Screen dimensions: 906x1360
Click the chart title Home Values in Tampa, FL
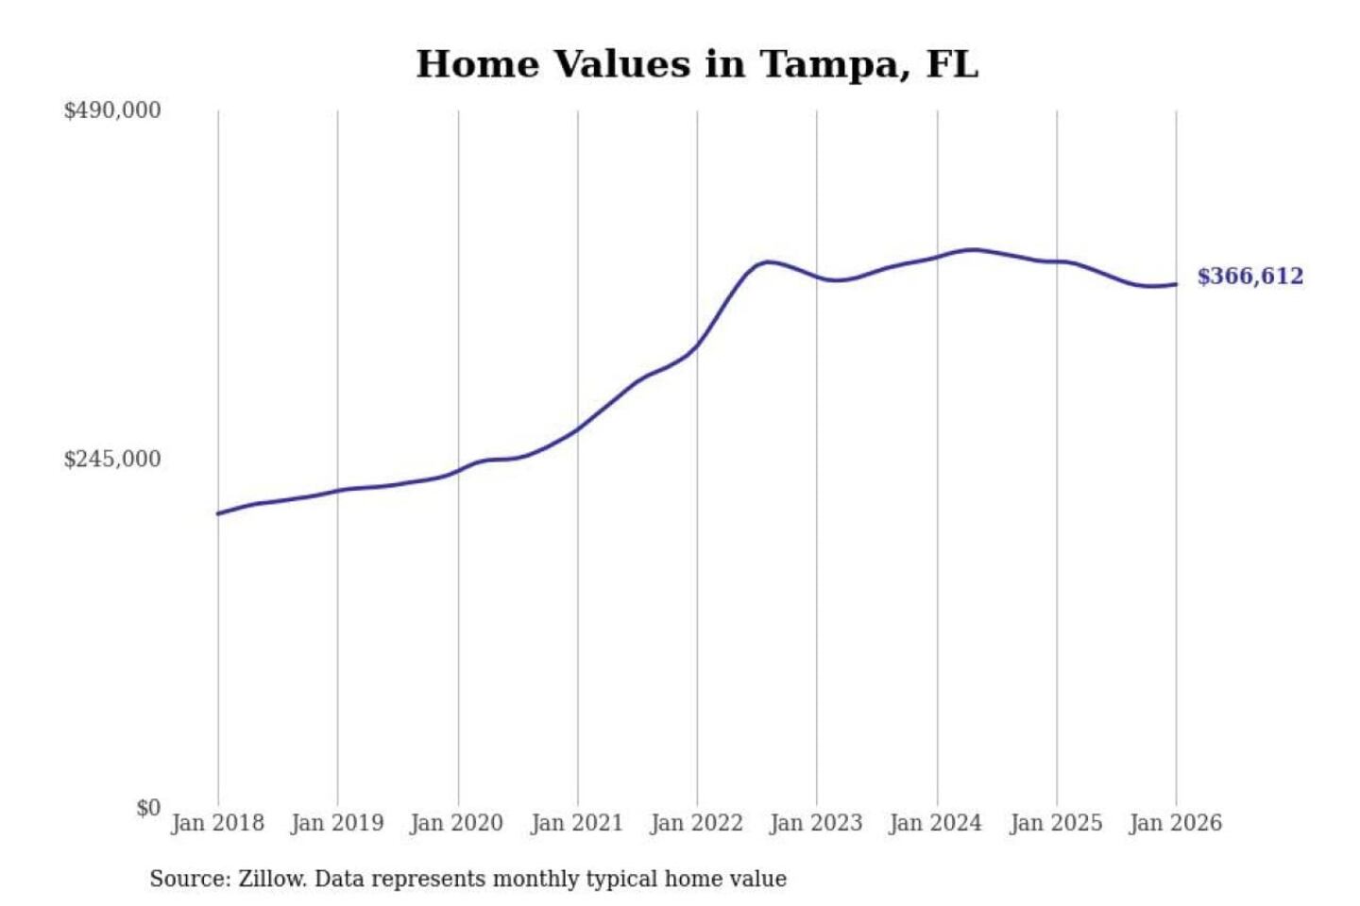click(x=697, y=64)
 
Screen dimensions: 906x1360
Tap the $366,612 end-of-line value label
click(x=1249, y=277)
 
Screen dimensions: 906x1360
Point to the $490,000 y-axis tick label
click(x=111, y=110)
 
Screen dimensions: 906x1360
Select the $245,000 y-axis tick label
click(x=111, y=460)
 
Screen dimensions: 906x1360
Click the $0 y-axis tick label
click(x=147, y=808)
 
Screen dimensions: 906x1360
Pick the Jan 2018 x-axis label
click(x=217, y=823)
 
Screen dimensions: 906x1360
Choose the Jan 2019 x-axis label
click(x=337, y=823)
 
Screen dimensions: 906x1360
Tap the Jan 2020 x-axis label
click(x=457, y=823)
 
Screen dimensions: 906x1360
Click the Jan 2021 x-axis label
click(x=577, y=823)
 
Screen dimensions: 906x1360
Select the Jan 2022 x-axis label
click(x=697, y=823)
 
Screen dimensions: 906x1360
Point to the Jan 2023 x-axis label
click(x=816, y=823)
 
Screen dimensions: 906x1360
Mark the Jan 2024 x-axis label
click(x=936, y=823)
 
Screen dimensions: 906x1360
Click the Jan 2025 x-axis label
click(x=1056, y=823)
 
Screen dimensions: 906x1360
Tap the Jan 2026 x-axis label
click(x=1176, y=823)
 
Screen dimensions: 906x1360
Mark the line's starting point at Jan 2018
click(x=218, y=513)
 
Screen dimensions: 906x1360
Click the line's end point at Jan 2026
click(x=1176, y=284)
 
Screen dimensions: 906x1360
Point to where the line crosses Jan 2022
click(x=697, y=346)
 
